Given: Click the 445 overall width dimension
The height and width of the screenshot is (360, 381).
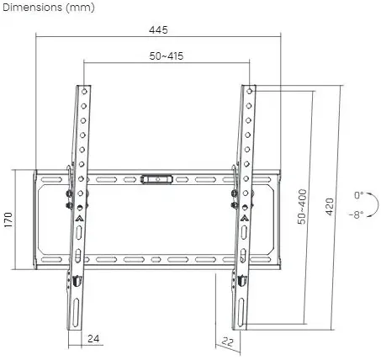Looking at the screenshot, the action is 158,29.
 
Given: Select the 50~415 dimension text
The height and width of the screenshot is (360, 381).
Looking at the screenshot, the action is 167,56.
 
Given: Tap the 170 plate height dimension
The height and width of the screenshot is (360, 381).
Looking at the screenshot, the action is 8,220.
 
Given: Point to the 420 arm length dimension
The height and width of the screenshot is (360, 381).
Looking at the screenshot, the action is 330,207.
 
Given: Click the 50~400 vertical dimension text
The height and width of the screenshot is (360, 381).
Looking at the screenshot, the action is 302,207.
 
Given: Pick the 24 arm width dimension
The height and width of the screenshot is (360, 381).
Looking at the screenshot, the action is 93,339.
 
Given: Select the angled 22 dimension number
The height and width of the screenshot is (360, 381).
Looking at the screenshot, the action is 227,341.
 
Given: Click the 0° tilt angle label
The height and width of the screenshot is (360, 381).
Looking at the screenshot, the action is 359,195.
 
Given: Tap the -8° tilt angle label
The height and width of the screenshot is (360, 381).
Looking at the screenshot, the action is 357,215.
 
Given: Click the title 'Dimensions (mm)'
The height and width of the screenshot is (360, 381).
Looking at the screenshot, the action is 49,8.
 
